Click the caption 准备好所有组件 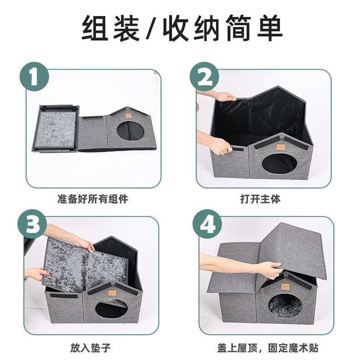(93, 199)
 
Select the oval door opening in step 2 (279, 163)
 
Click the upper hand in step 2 (224, 96)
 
